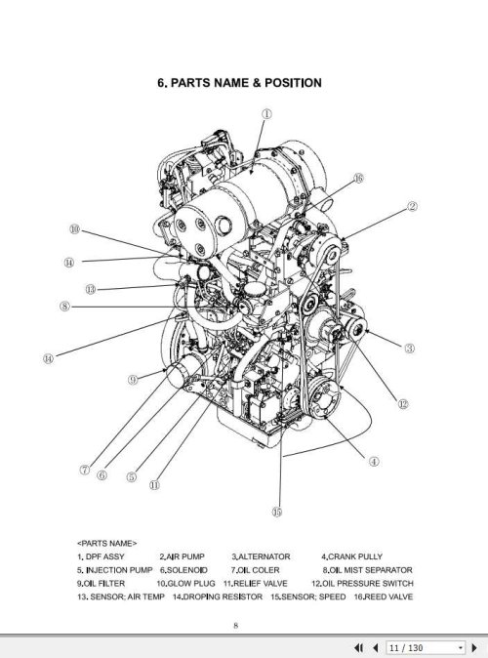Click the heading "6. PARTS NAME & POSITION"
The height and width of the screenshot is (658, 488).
[239, 83]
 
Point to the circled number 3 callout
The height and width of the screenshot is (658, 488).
[410, 347]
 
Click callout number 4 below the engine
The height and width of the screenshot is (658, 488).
[374, 461]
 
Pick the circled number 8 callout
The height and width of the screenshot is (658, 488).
[65, 305]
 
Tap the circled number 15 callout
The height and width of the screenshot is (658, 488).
[276, 511]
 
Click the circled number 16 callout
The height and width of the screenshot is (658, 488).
[359, 179]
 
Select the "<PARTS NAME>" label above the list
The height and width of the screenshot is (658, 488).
[107, 539]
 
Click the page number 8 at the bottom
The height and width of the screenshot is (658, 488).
[235, 626]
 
